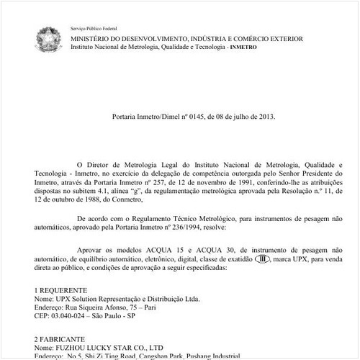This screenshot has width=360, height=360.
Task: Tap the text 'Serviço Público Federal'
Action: click(x=92, y=27)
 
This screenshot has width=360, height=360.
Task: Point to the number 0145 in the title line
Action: click(x=197, y=115)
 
